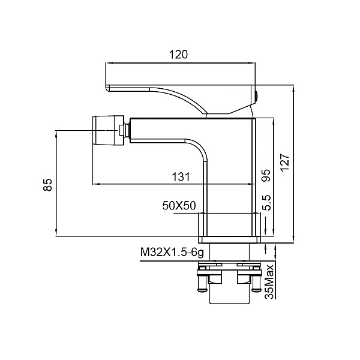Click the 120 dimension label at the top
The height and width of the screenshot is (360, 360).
tap(179, 54)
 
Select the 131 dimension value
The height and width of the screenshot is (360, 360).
tap(181, 177)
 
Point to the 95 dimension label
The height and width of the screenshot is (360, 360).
tap(266, 174)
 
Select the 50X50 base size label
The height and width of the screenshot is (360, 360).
tap(179, 205)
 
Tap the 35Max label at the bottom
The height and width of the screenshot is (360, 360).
tap(270, 280)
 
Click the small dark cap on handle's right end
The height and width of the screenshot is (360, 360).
tap(257, 95)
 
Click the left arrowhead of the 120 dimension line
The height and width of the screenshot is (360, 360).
tap(108, 62)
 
